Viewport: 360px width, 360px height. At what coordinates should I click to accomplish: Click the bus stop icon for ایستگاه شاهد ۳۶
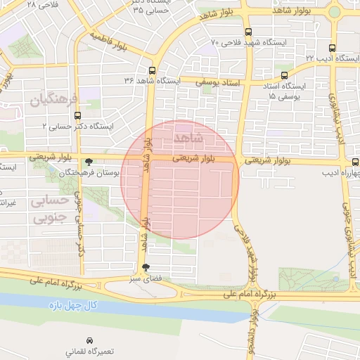pyautogui.click(x=153, y=70)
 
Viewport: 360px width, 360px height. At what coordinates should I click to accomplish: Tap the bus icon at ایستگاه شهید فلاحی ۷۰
pyautogui.click(x=247, y=32)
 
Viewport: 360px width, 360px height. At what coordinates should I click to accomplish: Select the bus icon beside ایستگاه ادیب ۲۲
pyautogui.click(x=332, y=49)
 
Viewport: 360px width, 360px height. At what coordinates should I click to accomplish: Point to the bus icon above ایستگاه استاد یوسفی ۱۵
pyautogui.click(x=284, y=75)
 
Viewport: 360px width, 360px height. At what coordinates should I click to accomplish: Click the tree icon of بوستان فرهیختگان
pyautogui.click(x=88, y=162)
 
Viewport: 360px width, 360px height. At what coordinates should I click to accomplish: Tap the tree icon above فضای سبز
pyautogui.click(x=146, y=267)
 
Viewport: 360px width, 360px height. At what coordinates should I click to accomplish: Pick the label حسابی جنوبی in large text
pyautogui.click(x=49, y=209)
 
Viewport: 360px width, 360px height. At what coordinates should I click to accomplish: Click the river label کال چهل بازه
pyautogui.click(x=73, y=306)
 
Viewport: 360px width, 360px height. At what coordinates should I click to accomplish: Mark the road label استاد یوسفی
pyautogui.click(x=217, y=83)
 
